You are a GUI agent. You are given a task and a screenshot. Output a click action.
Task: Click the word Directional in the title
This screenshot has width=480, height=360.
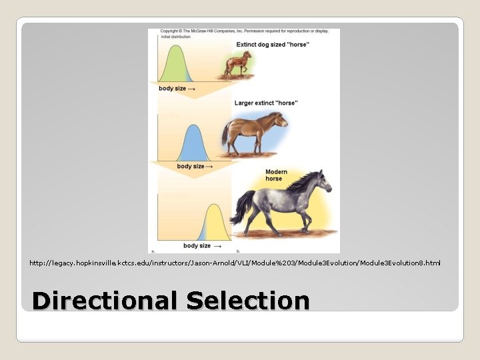[103, 301]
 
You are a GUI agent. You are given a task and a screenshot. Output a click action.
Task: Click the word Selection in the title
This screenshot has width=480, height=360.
[248, 301]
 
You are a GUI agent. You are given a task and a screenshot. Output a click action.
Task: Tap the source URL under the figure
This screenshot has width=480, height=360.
[235, 263]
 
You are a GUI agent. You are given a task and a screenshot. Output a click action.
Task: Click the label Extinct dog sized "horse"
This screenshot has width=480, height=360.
[273, 44]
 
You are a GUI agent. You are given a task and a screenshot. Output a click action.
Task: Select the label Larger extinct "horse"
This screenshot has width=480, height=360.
[266, 103]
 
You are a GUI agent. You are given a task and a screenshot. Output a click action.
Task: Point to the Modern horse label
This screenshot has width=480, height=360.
[276, 175]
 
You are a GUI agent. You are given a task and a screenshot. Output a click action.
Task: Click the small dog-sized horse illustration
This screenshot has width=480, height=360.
[237, 63]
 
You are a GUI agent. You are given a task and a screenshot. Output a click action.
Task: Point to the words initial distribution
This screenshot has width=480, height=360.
[175, 37]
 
